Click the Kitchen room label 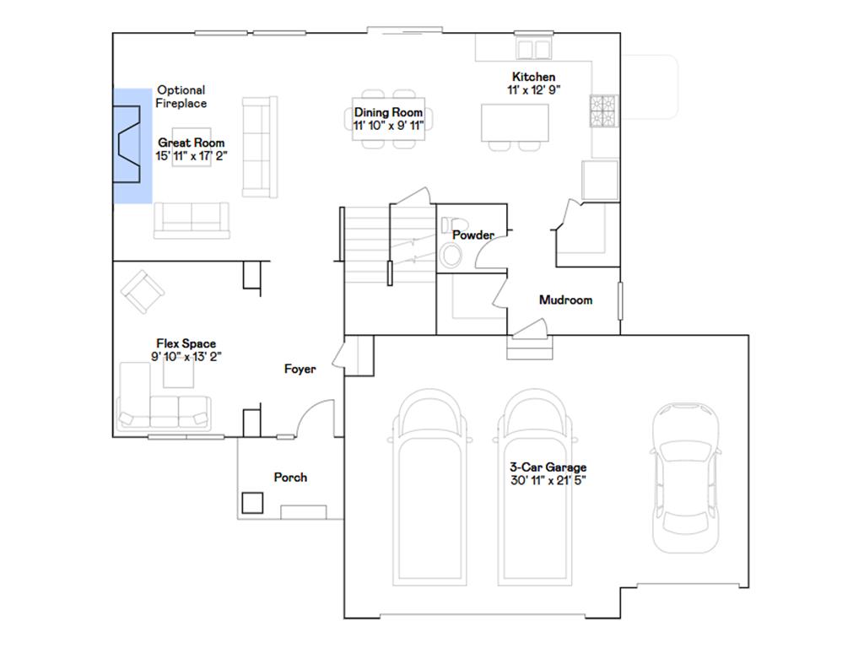pos(533,77)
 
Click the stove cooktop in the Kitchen pos(603,111)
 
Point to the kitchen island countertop pos(515,123)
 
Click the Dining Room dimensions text pos(388,126)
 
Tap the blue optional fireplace pos(132,145)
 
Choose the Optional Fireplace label pos(181,96)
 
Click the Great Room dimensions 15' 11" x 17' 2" pos(192,156)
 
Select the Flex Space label pos(186,344)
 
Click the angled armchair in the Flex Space pos(142,291)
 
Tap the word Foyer pos(300,370)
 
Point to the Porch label pos(290,478)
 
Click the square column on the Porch pos(252,503)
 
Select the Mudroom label pos(566,300)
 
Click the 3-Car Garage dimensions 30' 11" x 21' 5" pos(548,480)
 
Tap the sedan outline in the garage pos(686,478)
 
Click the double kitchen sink pos(533,49)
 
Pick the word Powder pos(473,235)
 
